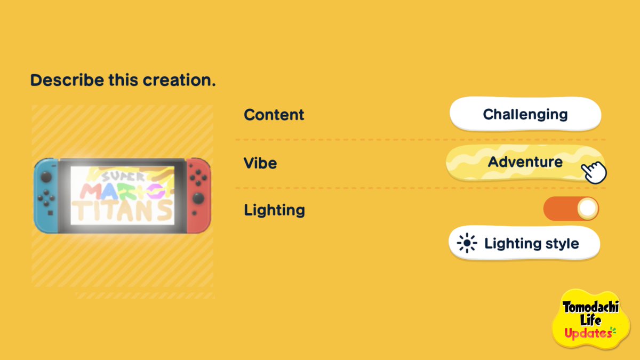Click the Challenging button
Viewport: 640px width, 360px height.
(525, 114)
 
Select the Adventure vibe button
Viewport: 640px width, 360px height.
(525, 162)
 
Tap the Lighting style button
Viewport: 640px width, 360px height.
(524, 243)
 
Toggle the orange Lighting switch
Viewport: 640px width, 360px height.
(571, 209)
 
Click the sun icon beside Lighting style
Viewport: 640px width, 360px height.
(467, 243)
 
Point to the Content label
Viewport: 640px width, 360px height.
(274, 115)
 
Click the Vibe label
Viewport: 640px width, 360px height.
(260, 163)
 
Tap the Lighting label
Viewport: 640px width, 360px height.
(274, 210)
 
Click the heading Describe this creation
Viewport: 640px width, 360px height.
(123, 80)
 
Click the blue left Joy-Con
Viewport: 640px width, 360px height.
(46, 196)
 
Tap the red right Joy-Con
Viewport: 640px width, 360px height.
(199, 196)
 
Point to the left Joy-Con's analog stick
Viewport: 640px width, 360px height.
(46, 177)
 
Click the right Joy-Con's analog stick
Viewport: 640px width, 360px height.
(198, 198)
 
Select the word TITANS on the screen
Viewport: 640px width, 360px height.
(123, 211)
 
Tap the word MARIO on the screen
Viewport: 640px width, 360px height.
(123, 191)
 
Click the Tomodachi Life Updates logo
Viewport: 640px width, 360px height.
(591, 319)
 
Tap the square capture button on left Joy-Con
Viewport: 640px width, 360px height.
(50, 213)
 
